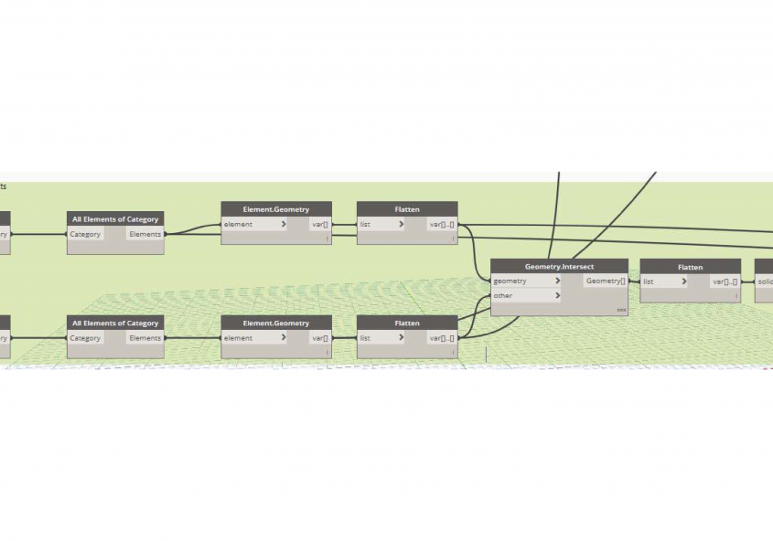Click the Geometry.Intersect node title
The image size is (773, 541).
pyautogui.click(x=559, y=267)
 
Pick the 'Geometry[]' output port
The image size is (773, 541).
pyautogui.click(x=606, y=281)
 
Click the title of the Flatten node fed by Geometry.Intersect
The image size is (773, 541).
pyautogui.click(x=690, y=267)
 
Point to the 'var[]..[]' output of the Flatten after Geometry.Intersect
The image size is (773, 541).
pyautogui.click(x=724, y=281)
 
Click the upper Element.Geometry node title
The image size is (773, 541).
pyautogui.click(x=275, y=209)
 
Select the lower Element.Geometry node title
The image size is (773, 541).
pyautogui.click(x=275, y=323)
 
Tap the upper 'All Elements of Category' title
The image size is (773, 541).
pyautogui.click(x=115, y=219)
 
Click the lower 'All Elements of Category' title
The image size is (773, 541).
pyautogui.click(x=115, y=323)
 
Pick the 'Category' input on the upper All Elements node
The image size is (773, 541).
pyautogui.click(x=85, y=234)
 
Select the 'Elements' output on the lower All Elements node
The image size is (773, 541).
pyautogui.click(x=145, y=338)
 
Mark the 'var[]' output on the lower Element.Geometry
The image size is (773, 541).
pyautogui.click(x=319, y=338)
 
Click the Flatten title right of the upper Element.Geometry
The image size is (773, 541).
pyautogui.click(x=407, y=209)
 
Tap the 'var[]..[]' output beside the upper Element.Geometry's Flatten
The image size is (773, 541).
pyautogui.click(x=441, y=224)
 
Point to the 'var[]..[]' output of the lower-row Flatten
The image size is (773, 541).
pyautogui.click(x=441, y=338)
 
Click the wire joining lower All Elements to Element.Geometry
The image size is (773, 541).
pyautogui.click(x=192, y=338)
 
